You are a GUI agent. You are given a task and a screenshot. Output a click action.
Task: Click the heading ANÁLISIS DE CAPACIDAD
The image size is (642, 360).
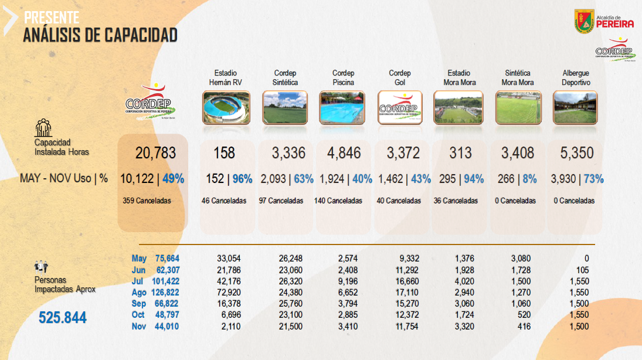(x=100, y=35)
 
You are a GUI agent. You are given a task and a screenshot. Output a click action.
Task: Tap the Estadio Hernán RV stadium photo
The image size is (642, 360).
(x=226, y=107)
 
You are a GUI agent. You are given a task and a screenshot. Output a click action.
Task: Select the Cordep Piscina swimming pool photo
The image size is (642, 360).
(x=342, y=107)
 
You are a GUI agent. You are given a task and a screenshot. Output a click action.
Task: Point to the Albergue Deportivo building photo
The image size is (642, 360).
(x=575, y=107)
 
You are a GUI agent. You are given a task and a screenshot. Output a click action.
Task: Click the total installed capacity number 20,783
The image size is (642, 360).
(x=155, y=153)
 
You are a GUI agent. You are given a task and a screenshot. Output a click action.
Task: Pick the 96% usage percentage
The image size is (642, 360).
(x=242, y=179)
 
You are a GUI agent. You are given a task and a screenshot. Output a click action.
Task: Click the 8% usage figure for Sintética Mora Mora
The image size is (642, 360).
(x=529, y=179)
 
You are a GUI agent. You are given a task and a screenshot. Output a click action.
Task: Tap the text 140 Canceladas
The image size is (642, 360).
(x=338, y=201)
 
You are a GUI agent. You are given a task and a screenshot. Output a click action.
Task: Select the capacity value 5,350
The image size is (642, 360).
(x=577, y=153)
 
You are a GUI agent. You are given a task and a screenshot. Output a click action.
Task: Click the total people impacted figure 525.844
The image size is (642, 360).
(x=63, y=318)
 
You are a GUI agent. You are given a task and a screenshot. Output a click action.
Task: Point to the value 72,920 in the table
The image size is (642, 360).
(x=229, y=293)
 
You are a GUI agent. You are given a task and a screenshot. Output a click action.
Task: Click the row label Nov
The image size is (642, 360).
(x=139, y=327)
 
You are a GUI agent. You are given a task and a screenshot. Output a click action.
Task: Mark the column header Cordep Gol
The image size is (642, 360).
(x=400, y=77)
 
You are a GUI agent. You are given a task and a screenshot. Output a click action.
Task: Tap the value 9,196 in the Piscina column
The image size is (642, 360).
(x=348, y=281)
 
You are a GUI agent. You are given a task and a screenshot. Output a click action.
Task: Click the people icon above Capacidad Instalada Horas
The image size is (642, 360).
(x=43, y=128)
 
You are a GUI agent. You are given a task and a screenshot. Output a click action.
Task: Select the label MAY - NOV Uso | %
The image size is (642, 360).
(x=64, y=179)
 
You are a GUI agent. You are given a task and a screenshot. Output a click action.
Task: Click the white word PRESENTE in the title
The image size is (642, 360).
(x=52, y=18)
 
